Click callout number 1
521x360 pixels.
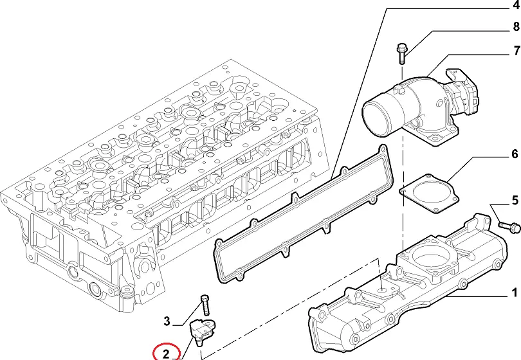[514, 294]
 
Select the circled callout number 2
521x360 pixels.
[165, 353]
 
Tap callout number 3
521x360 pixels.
[166, 321]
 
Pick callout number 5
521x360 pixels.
[514, 201]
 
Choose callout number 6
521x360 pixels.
[514, 154]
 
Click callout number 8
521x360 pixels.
[516, 26]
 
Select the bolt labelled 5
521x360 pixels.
[509, 226]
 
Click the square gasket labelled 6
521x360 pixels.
[428, 194]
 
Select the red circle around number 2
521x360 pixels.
[166, 353]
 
